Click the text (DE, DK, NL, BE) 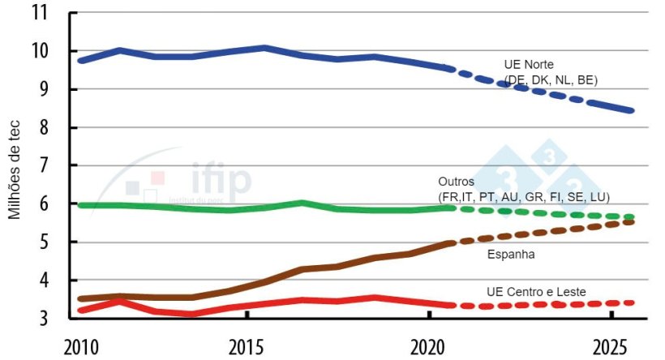click(x=551, y=79)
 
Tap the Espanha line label click(x=510, y=255)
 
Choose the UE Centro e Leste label click(x=536, y=291)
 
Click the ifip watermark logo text click(x=221, y=179)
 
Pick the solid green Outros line click(x=243, y=208)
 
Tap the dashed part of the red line click(x=551, y=305)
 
